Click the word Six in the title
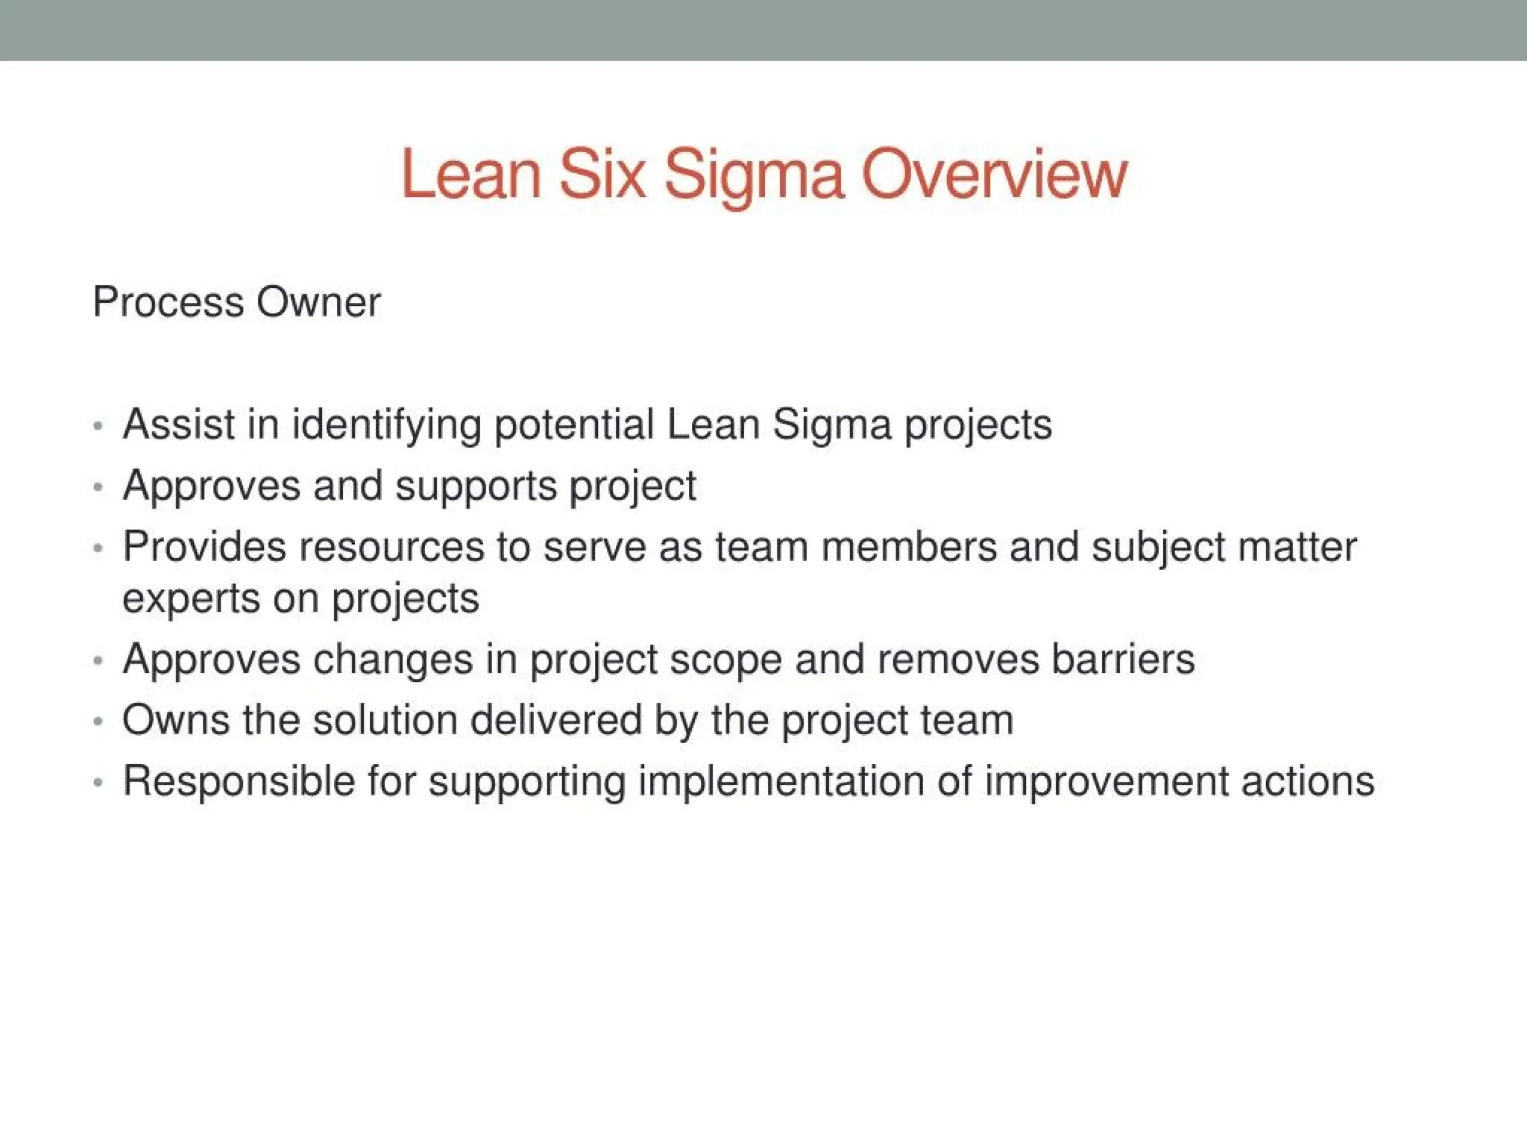pyautogui.click(x=602, y=175)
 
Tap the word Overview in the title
pyautogui.click(x=995, y=175)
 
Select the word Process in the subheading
pyautogui.click(x=169, y=303)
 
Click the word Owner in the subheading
pyautogui.click(x=318, y=303)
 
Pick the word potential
pyautogui.click(x=574, y=425)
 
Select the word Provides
pyautogui.click(x=204, y=546)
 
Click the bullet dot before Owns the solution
pyautogui.click(x=98, y=722)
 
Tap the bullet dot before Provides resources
pyautogui.click(x=98, y=548)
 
